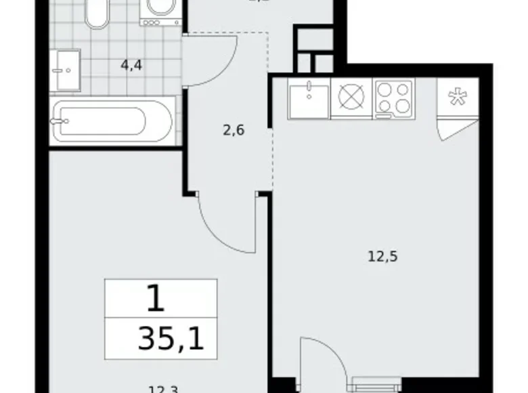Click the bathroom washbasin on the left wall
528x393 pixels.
pyautogui.click(x=66, y=69)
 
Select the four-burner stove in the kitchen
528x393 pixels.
pyautogui.click(x=394, y=98)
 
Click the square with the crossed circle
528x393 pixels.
pyautogui.click(x=351, y=98)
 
